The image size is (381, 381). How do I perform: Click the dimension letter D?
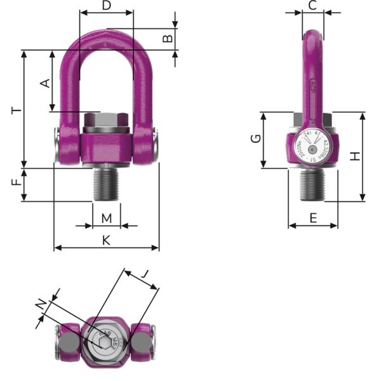[107, 6]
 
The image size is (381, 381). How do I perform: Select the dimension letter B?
[168, 38]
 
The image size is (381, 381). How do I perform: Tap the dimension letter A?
[44, 83]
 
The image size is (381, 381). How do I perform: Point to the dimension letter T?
[17, 110]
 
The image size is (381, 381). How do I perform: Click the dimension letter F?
[17, 184]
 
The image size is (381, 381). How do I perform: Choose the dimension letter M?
[107, 218]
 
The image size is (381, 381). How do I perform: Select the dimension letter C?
[312, 6]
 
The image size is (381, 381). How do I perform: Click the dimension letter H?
[356, 156]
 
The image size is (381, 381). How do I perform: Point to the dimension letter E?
[312, 218]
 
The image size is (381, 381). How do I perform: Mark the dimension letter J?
[145, 274]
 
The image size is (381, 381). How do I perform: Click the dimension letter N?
[42, 307]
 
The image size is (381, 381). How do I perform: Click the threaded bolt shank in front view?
[106, 184]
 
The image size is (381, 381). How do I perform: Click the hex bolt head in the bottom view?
[105, 340]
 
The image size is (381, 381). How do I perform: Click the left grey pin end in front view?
[57, 144]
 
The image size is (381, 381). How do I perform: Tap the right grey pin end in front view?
[156, 144]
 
